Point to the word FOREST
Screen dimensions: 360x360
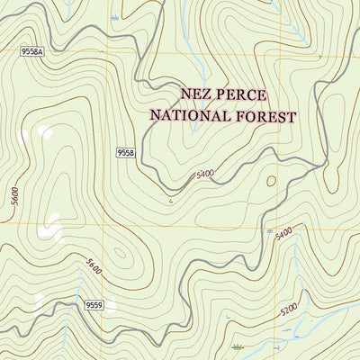pos(265,115)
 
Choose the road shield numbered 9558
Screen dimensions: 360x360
pos(125,154)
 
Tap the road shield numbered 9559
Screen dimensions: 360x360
pos(95,306)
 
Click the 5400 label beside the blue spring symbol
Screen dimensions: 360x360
pos(284,234)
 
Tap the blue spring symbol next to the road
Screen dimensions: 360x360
pos(269,230)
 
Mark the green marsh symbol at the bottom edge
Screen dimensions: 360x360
pos(237,346)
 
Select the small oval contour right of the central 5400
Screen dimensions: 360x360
pos(271,180)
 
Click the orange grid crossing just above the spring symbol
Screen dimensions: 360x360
pos(269,222)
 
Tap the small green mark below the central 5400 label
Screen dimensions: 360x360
pos(169,201)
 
